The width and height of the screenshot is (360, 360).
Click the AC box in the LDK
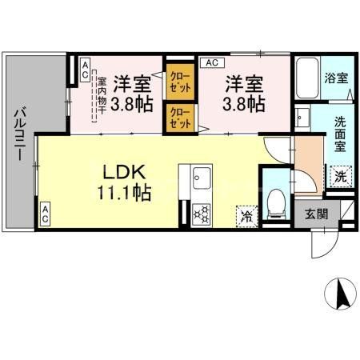point(46,214)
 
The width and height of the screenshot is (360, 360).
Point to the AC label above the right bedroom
point(212,62)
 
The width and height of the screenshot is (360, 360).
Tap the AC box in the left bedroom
point(84,69)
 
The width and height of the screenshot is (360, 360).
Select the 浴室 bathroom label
point(337,78)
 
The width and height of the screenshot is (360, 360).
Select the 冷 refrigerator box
point(247,215)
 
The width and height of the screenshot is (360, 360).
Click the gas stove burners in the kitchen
point(201,214)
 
